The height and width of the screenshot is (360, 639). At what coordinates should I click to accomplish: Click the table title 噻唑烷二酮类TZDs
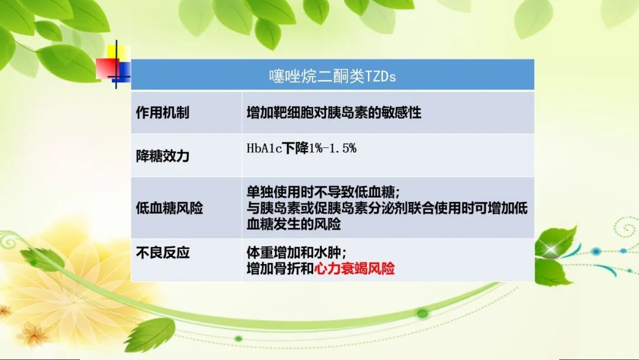point(333,76)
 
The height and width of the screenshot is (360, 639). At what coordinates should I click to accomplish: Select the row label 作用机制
point(163,112)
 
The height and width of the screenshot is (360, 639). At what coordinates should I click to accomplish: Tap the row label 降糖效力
point(163,156)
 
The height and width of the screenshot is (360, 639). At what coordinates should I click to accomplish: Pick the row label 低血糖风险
point(170,208)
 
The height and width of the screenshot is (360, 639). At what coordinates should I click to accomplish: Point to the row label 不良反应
point(163,253)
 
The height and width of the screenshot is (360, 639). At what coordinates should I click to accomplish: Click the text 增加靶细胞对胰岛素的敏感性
point(334,112)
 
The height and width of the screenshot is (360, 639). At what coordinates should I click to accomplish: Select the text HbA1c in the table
point(264,149)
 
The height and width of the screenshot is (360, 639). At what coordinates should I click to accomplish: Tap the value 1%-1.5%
point(333,149)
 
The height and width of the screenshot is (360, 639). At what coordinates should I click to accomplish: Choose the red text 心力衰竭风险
point(354,269)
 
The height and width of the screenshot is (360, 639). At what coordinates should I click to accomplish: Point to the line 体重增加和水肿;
point(296,253)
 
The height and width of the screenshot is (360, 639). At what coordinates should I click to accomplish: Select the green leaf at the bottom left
point(151,335)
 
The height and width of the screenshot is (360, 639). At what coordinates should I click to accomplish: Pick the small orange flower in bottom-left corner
point(33,335)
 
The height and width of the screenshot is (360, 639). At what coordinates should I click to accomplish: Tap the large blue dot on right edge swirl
point(596,251)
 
